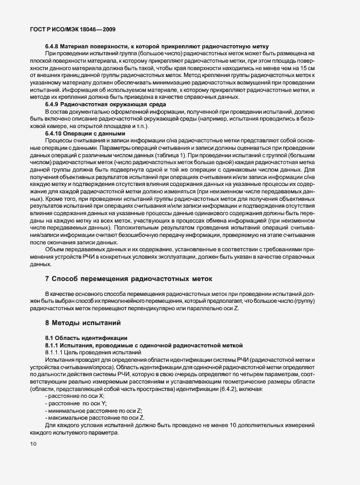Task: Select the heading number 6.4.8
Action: coord(53,46)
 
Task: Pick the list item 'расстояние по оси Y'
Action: coord(76,404)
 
